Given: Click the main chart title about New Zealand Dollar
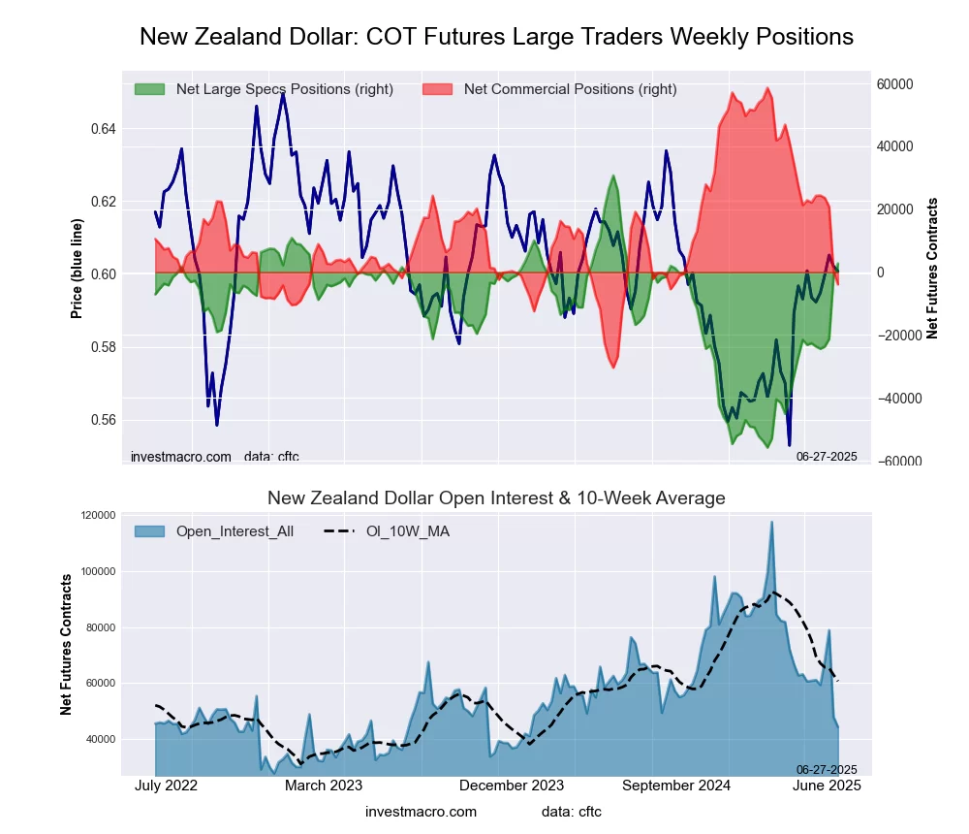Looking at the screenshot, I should coord(496,37).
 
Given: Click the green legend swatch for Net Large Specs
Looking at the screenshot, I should coord(149,89).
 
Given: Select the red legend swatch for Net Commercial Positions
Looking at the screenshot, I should coord(438,89).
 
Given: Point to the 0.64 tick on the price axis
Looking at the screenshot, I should coord(103,129).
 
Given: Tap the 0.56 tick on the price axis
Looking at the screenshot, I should coord(103,420).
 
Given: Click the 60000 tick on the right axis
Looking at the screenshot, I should coord(896,84).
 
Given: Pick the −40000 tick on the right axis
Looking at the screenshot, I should coord(896,399).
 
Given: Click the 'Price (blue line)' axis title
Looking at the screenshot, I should coord(77,269).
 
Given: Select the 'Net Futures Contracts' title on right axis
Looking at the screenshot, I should coord(933,269).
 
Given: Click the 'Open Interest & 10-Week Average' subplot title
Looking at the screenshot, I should coord(496,498).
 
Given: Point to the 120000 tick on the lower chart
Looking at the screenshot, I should coord(96,516).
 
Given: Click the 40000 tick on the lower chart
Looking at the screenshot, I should coord(99,739).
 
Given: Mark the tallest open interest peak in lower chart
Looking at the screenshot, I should coord(772,522).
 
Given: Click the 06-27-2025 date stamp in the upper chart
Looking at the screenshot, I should coord(827,455).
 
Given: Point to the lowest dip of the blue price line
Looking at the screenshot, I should coord(790,444).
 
